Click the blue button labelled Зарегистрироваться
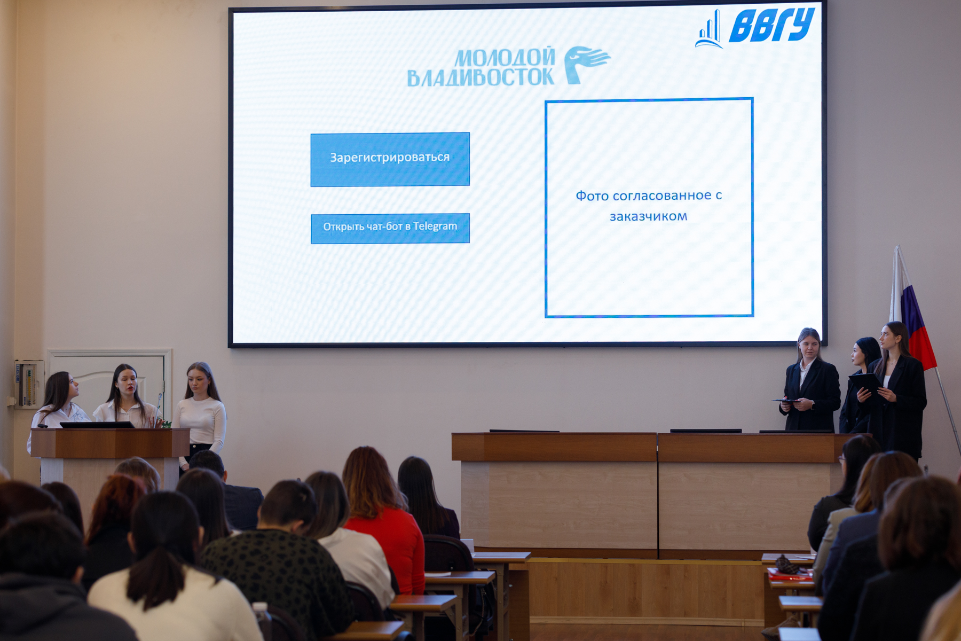pyautogui.click(x=390, y=159)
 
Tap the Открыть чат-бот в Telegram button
pyautogui.click(x=390, y=228)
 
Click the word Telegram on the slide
pyautogui.click(x=435, y=226)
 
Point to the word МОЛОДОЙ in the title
pyautogui.click(x=505, y=58)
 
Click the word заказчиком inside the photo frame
pyautogui.click(x=648, y=217)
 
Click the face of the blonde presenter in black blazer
pyautogui.click(x=808, y=346)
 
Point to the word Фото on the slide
pyautogui.click(x=592, y=197)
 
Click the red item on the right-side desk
pyautogui.click(x=789, y=575)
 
